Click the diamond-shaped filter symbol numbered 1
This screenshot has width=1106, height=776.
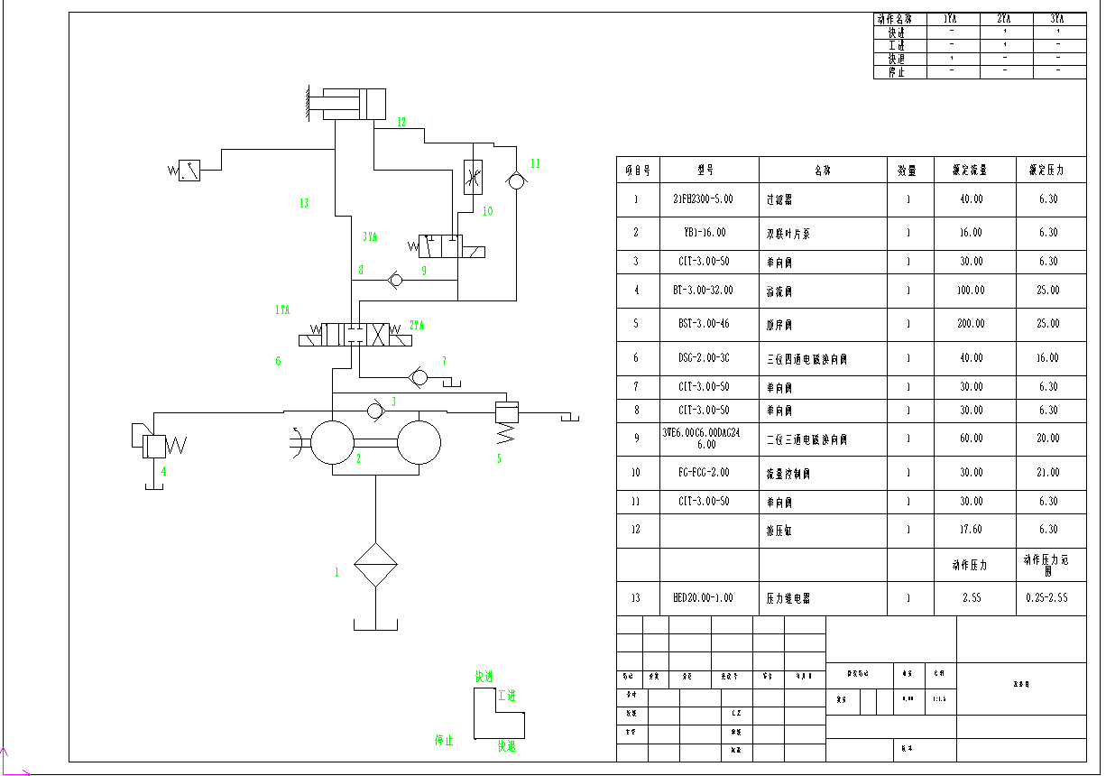click(375, 566)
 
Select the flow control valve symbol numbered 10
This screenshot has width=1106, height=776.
click(472, 177)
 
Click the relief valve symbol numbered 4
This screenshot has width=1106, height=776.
click(154, 445)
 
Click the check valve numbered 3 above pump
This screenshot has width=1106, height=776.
click(374, 411)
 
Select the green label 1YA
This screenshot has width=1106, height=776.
click(282, 309)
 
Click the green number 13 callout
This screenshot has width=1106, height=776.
click(304, 204)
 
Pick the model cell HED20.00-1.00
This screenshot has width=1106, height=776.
click(704, 597)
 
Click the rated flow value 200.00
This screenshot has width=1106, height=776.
click(971, 323)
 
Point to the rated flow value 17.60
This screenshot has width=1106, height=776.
click(971, 530)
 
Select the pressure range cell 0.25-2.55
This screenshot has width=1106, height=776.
click(1048, 597)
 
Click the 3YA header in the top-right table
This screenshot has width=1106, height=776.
click(1057, 18)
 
